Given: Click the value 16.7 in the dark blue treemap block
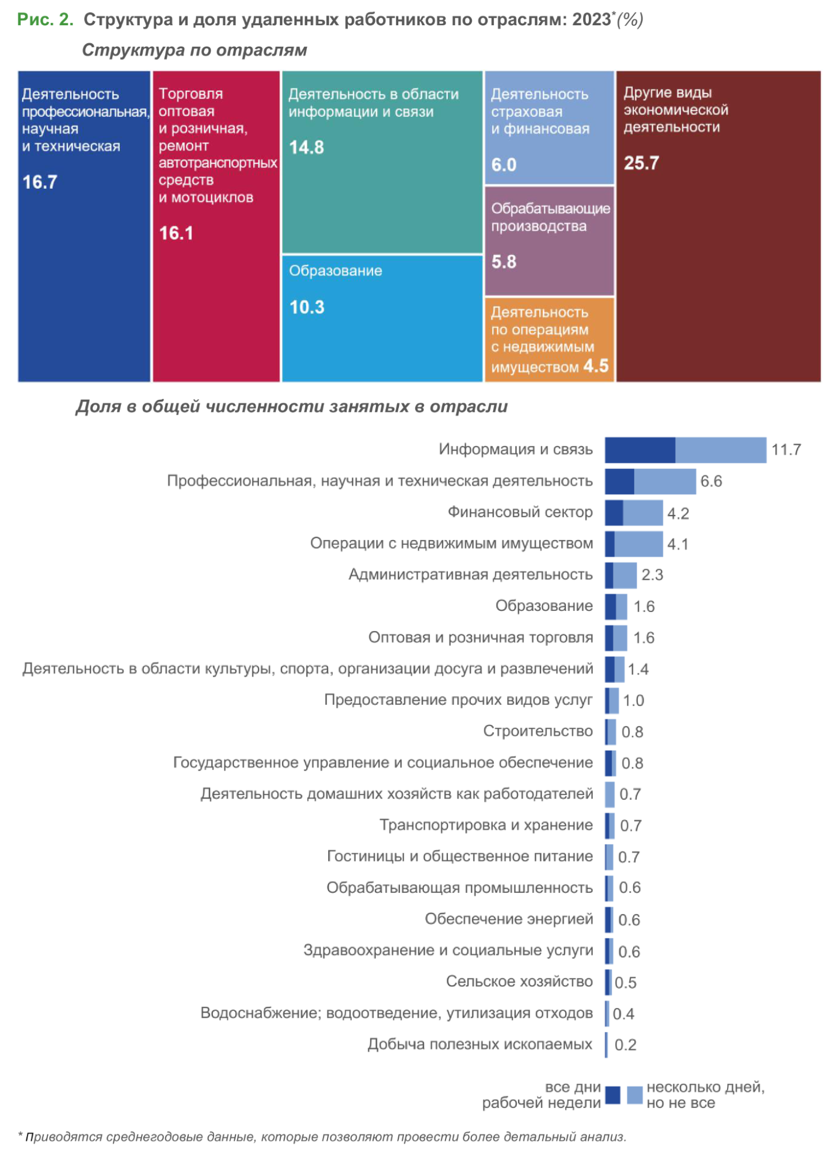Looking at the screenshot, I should (x=39, y=182).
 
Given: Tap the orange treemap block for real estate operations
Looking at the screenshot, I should (x=549, y=339).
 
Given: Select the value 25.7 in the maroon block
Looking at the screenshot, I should (x=641, y=163).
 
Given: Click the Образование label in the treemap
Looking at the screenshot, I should (x=335, y=270).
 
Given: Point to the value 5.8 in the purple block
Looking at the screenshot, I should (x=504, y=262).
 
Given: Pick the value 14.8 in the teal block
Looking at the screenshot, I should (x=306, y=147).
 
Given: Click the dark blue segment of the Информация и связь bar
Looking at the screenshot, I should (x=640, y=450).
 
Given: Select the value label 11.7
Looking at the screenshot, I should (x=786, y=450).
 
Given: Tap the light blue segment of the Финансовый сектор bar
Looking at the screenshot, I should (x=642, y=513).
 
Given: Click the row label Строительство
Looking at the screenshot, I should (x=538, y=731).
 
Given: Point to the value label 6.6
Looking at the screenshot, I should (x=711, y=482).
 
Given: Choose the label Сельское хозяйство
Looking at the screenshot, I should (x=519, y=981).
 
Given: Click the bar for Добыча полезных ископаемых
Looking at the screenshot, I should (x=606, y=1045).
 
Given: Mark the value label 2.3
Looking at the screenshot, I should (x=652, y=575).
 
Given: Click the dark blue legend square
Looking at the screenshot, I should (x=613, y=1095).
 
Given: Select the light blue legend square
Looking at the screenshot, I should (x=634, y=1095).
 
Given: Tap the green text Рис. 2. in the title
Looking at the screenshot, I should (x=45, y=20).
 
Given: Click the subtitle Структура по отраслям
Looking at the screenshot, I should (x=195, y=51).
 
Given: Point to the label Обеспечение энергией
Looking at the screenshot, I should (x=509, y=919).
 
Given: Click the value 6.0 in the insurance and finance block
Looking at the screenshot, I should (x=504, y=165).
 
